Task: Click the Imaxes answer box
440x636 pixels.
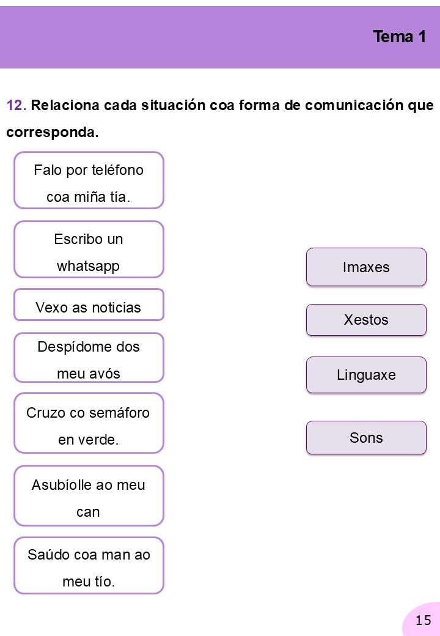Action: click(x=366, y=267)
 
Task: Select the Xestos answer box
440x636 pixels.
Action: click(x=366, y=320)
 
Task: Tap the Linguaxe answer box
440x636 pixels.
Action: click(x=366, y=375)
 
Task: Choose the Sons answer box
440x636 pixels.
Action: click(x=366, y=438)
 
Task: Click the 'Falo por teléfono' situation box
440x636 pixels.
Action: click(x=89, y=180)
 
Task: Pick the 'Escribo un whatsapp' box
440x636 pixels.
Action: click(x=89, y=250)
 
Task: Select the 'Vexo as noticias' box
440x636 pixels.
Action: click(x=89, y=305)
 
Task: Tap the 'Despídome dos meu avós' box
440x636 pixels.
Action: click(x=89, y=358)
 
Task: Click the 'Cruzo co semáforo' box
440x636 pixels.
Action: click(x=89, y=423)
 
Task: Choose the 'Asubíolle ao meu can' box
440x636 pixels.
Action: click(x=89, y=496)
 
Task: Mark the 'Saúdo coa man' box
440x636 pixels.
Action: click(x=89, y=566)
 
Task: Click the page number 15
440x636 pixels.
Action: click(x=424, y=620)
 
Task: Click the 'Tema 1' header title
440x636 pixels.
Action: click(x=400, y=37)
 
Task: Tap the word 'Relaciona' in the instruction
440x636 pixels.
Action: click(x=65, y=105)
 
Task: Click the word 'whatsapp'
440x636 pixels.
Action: click(x=89, y=267)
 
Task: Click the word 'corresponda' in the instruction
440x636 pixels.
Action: click(x=53, y=133)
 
